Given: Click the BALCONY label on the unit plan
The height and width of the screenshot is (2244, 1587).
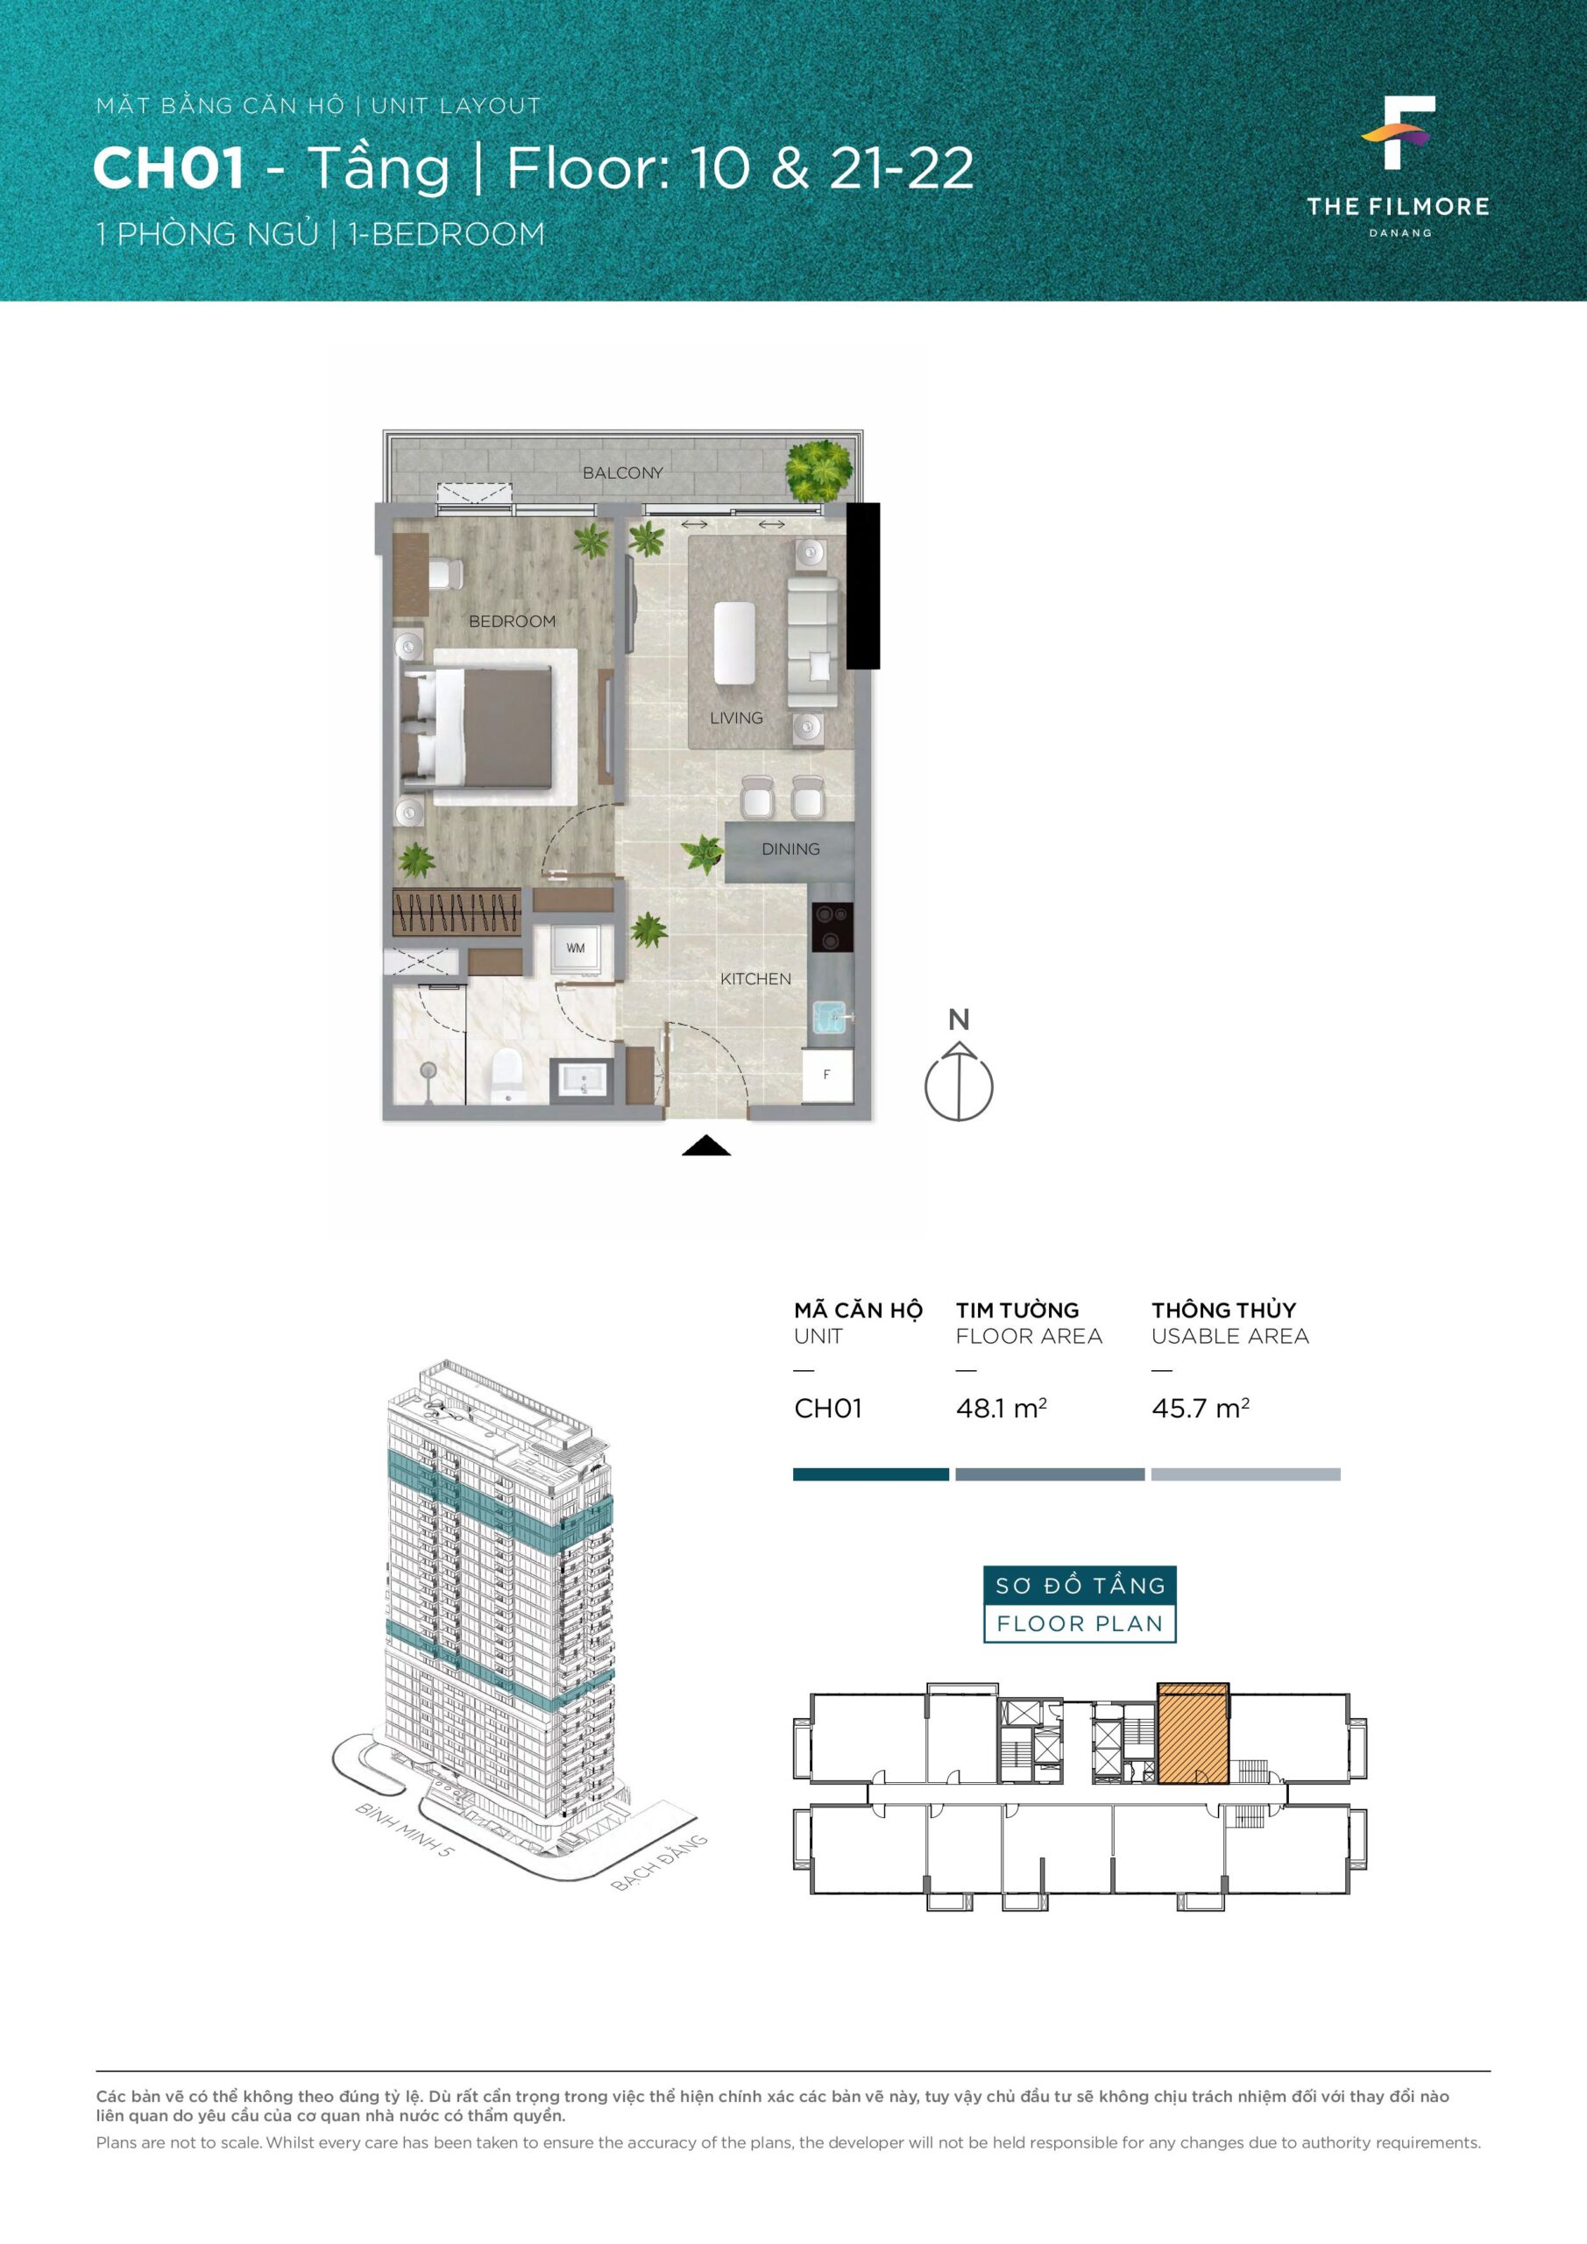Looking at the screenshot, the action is pyautogui.click(x=622, y=473).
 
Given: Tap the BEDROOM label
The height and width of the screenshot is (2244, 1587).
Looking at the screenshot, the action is pyautogui.click(x=512, y=621).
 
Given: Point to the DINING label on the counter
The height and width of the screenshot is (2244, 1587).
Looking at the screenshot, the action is pyautogui.click(x=790, y=849).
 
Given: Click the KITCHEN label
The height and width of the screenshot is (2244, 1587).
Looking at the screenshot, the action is pyautogui.click(x=755, y=979).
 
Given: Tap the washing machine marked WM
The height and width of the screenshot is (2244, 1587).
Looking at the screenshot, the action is pyautogui.click(x=576, y=949).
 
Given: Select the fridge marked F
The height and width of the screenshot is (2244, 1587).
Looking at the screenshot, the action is pyautogui.click(x=826, y=1075).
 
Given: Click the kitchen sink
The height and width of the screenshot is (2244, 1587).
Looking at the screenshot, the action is pyautogui.click(x=832, y=1018).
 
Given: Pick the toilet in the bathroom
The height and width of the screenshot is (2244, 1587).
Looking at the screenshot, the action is pyautogui.click(x=507, y=1076).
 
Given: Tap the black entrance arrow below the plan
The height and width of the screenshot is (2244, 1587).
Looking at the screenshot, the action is pyautogui.click(x=705, y=1147).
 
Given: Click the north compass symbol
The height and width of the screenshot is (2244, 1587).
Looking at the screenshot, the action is pyautogui.click(x=959, y=1082).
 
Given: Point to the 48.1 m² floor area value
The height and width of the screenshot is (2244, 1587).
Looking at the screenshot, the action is pyautogui.click(x=1002, y=1409).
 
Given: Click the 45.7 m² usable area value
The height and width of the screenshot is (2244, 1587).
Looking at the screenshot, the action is pyautogui.click(x=1200, y=1409).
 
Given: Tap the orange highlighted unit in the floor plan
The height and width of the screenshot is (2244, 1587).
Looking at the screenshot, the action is pyautogui.click(x=1194, y=1734).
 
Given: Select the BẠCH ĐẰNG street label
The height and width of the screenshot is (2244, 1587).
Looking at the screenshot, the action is pyautogui.click(x=659, y=1863).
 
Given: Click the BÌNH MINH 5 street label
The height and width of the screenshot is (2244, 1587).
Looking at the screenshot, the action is pyautogui.click(x=406, y=1830).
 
